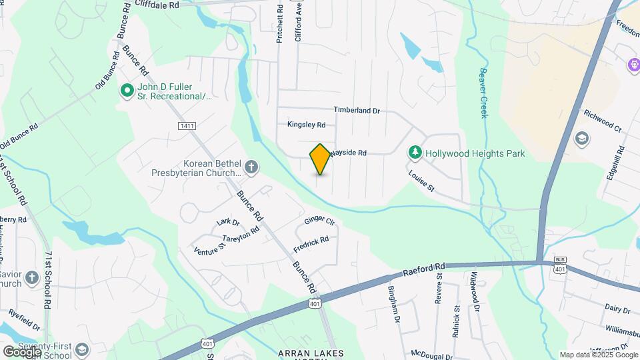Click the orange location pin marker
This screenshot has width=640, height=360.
click(x=320, y=159)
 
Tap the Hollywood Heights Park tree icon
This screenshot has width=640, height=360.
click(x=415, y=153)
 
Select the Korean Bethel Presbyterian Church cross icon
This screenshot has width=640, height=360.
click(x=251, y=166)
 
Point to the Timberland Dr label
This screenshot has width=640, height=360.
click(x=357, y=111)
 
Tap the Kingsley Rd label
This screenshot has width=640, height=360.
click(x=306, y=125)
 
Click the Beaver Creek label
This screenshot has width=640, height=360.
click(x=483, y=93)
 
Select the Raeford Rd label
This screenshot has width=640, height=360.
click(x=423, y=269)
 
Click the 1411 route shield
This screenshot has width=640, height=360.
click(x=187, y=125)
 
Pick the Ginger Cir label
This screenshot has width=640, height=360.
click(x=319, y=221)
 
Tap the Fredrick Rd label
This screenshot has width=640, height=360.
click(x=311, y=244)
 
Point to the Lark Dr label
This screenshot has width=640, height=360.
click(x=228, y=222)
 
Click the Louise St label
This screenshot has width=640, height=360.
click(x=421, y=181)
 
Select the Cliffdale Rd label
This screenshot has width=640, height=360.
click(x=157, y=5)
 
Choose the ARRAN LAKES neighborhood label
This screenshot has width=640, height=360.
click(x=311, y=353)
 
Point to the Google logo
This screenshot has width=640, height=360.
click(x=21, y=351)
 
